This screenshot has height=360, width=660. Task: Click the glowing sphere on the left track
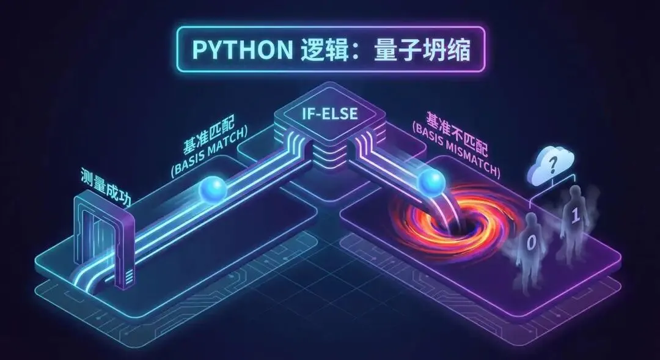(215, 189)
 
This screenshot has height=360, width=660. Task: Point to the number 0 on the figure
(531, 243)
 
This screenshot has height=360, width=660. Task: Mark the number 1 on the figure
(574, 216)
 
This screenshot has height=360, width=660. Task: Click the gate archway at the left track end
(103, 238)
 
